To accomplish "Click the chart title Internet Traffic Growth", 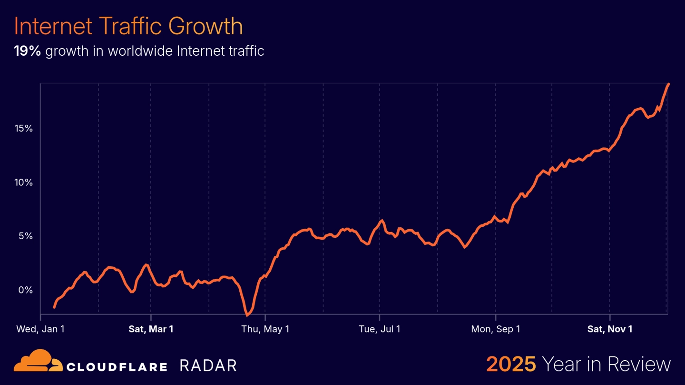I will tap(128, 26).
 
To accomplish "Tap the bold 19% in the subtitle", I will tap(28, 51).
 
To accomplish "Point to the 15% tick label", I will tap(23, 129).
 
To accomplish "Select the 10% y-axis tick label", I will tap(23, 182).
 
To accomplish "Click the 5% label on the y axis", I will tap(26, 236).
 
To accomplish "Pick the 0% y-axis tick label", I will tap(26, 290).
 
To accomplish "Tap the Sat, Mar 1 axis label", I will tap(151, 329).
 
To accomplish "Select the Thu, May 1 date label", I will tap(265, 329).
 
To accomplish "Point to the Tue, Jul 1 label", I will tap(379, 329).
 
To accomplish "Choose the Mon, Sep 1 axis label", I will tap(495, 329).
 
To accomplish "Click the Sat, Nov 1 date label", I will tap(609, 329).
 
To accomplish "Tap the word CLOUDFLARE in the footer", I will tap(117, 366).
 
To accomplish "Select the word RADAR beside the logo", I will tap(208, 366).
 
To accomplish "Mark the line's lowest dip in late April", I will tap(247, 315).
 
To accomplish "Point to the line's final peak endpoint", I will tap(668, 84).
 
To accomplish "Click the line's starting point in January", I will tap(54, 307).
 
